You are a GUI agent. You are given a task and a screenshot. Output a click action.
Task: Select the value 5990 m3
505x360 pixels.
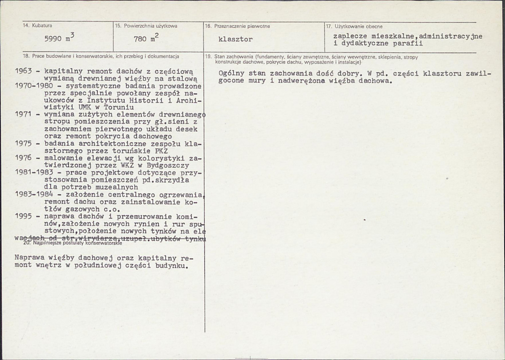pyautogui.click(x=59, y=39)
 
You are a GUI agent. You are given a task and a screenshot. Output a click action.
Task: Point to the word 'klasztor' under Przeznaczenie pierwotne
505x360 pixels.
pyautogui.click(x=235, y=40)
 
